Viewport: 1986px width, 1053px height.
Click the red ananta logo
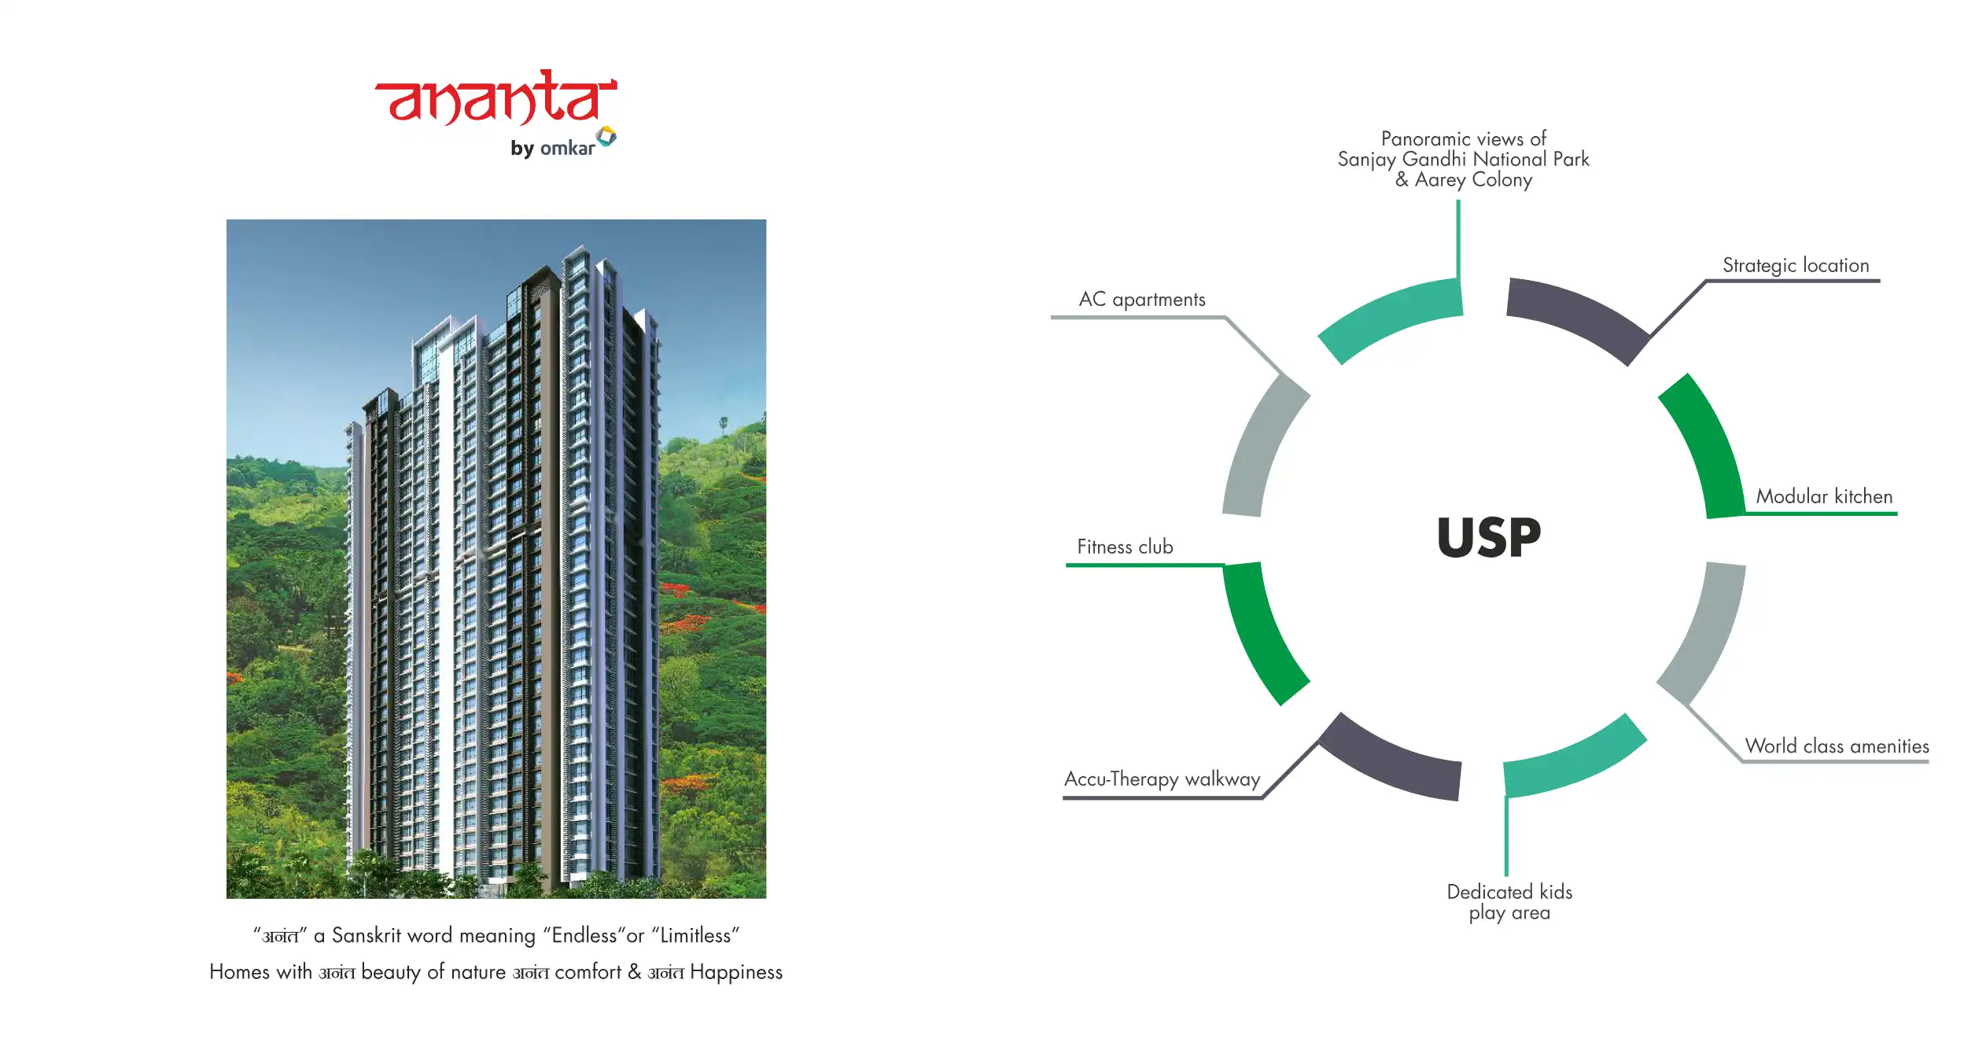[496, 98]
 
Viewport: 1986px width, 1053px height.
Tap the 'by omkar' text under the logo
[552, 148]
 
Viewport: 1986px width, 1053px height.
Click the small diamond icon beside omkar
[606, 136]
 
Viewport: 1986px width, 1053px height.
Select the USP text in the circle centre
[1489, 538]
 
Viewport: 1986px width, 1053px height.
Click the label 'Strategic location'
[1796, 266]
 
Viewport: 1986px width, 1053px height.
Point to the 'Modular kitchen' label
[1824, 496]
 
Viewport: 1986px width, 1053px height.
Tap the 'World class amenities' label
[1837, 746]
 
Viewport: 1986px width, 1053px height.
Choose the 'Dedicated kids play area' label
[1509, 902]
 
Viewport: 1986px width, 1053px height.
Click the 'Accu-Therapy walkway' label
[1162, 779]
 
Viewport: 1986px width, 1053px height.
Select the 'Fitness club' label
[1125, 547]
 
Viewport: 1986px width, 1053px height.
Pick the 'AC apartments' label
[1142, 300]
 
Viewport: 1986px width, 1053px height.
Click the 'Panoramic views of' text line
[1463, 139]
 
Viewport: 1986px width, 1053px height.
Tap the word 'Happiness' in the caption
[736, 973]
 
